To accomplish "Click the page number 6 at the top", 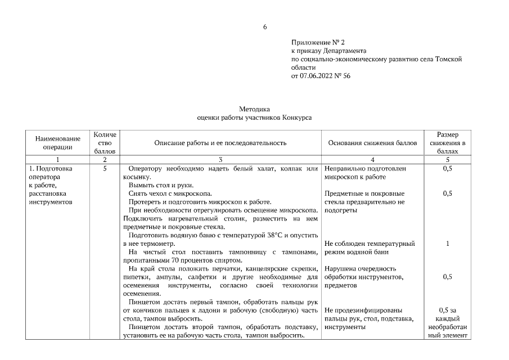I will [x=265, y=26].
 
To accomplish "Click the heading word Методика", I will [x=254, y=109].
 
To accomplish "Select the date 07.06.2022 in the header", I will [x=318, y=75].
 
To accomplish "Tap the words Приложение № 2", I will [x=317, y=42].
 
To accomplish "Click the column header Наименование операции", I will [x=58, y=143].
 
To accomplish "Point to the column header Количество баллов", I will [x=105, y=143].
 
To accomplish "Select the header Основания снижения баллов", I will [x=372, y=143].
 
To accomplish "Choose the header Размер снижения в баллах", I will [x=447, y=143].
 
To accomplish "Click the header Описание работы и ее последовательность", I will [x=220, y=143].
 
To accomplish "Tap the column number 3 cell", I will [x=220, y=160].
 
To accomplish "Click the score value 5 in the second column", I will [x=105, y=168].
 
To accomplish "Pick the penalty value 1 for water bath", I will [x=447, y=244].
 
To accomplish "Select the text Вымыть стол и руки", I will [x=160, y=185].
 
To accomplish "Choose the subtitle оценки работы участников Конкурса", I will [x=254, y=118].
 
